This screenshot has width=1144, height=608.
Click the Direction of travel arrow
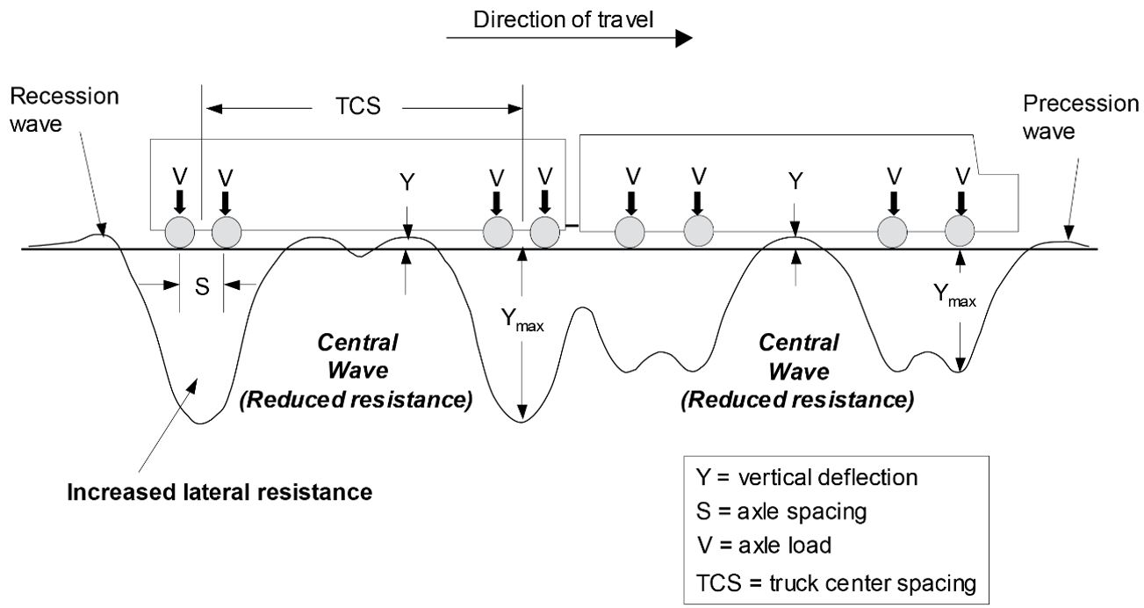[569, 40]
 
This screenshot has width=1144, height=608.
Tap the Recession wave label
[64, 110]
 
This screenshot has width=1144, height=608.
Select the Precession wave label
[1080, 117]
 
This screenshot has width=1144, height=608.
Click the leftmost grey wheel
[180, 234]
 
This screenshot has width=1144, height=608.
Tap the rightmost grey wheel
[961, 233]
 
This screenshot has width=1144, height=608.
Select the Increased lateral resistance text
[220, 490]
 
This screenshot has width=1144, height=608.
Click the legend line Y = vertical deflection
[806, 478]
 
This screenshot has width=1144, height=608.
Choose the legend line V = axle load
[764, 545]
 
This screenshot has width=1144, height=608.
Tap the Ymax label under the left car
[522, 321]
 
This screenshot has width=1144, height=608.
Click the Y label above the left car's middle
[407, 181]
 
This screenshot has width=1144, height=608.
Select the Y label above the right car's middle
[795, 181]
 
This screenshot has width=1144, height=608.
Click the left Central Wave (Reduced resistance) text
[356, 371]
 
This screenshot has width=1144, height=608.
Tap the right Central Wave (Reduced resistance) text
[797, 371]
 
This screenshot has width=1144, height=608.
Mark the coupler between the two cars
[572, 228]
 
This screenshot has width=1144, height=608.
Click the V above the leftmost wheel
[180, 176]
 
